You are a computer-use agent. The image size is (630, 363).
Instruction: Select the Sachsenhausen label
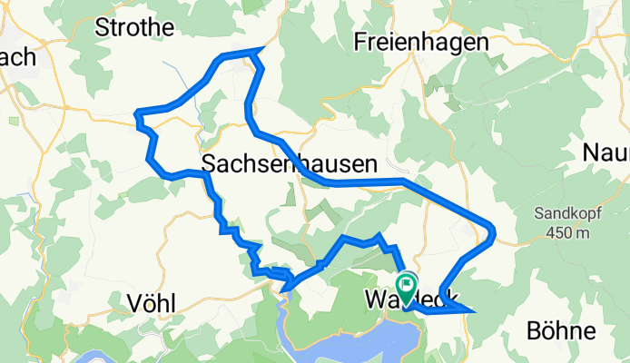pos(289,164)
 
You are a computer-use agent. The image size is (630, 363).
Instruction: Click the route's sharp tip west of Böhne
pos(473,310)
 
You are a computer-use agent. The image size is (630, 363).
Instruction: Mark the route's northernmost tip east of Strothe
pos(262,48)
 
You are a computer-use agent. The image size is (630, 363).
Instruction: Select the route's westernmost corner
pos(136,113)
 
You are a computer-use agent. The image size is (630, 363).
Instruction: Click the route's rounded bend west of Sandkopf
pos(493,234)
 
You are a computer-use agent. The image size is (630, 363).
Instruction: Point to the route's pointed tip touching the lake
pos(284,290)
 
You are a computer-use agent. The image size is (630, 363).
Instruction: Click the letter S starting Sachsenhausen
pos(209,164)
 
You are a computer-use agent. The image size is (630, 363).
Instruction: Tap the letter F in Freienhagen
pos(360,42)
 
